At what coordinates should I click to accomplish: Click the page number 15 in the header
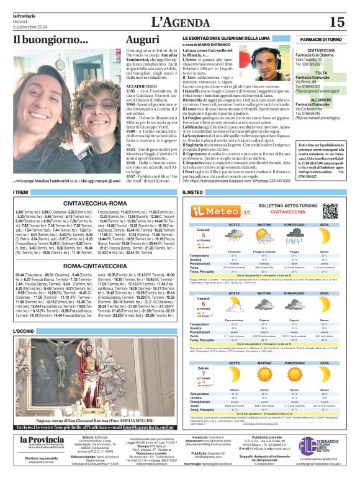coord(336,22)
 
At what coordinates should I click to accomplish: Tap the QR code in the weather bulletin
coord(331,210)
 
